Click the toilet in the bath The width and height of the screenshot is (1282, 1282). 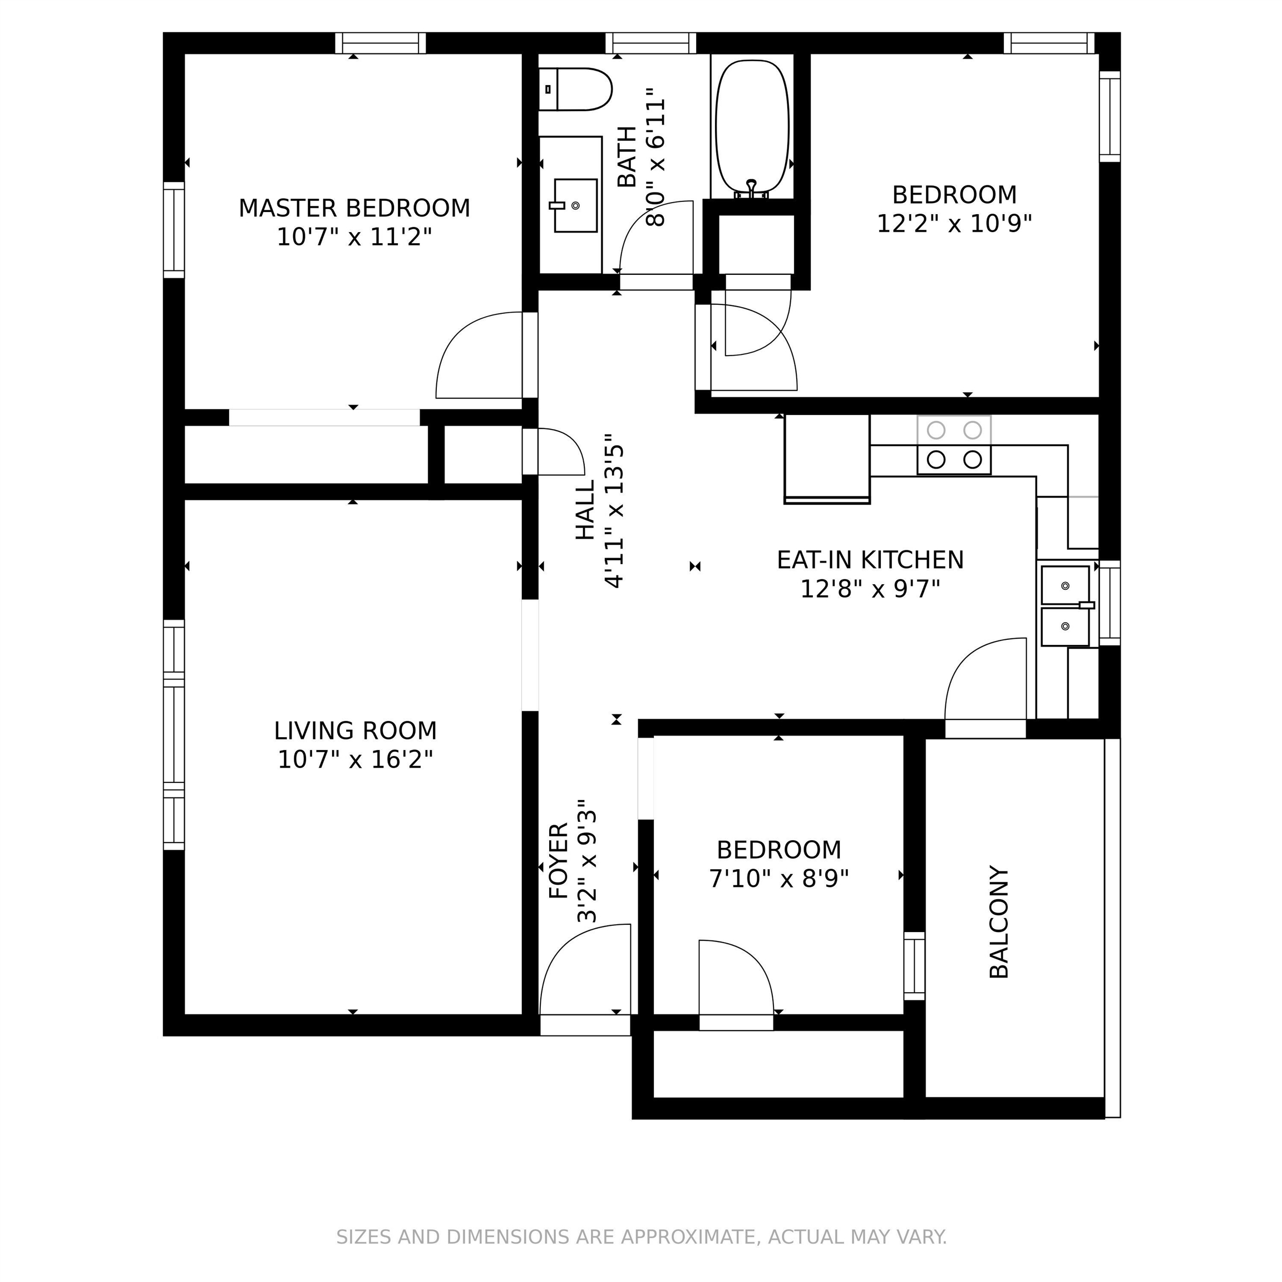tap(576, 89)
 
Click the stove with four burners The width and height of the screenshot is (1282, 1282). tap(954, 445)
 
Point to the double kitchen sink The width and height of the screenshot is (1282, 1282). tap(1065, 606)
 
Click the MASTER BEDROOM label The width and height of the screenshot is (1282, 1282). tap(354, 208)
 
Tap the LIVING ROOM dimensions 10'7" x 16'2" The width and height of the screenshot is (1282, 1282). tap(355, 759)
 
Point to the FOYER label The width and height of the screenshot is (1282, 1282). tap(559, 861)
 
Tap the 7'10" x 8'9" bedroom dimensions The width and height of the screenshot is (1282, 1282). tap(779, 879)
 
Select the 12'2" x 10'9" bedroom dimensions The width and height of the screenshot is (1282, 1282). tap(954, 224)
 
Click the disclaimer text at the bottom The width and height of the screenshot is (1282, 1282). tap(641, 1236)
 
